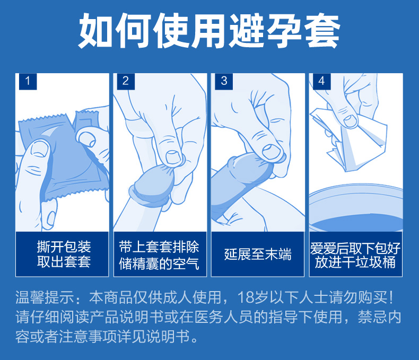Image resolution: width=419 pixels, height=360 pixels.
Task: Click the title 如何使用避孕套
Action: point(209,30)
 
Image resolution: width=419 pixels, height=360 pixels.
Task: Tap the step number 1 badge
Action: point(28,82)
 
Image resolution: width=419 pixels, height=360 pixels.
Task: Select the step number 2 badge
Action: point(126,82)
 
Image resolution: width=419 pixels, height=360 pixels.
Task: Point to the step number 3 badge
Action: point(224,82)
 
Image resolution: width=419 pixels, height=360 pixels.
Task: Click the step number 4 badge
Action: point(322,82)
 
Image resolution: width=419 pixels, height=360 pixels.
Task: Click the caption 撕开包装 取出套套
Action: point(64,254)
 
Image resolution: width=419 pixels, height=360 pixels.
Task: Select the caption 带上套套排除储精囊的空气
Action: point(159,255)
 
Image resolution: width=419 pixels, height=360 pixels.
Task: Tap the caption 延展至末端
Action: point(258,254)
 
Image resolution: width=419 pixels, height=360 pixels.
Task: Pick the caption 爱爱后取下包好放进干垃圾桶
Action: point(355,255)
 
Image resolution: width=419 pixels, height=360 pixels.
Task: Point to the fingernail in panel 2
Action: point(173,157)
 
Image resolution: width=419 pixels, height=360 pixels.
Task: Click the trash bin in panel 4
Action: point(356,208)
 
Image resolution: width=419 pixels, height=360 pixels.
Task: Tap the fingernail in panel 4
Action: point(350,121)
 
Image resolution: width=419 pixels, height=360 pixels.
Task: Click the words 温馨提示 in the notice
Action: point(45,297)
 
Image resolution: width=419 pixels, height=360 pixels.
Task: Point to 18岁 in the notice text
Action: point(253,297)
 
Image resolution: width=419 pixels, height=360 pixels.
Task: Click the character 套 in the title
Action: point(322,31)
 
